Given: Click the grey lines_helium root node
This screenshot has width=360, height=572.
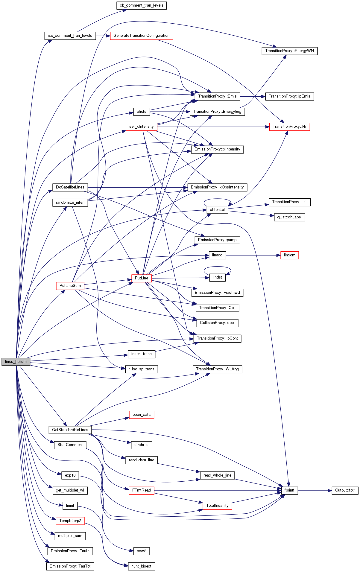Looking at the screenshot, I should (x=16, y=361).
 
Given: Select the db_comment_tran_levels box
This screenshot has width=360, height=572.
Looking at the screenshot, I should (x=141, y=5).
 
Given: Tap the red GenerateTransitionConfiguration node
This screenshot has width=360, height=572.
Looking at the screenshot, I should (x=141, y=36).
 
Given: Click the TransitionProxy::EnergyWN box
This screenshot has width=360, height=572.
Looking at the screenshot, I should (x=289, y=51).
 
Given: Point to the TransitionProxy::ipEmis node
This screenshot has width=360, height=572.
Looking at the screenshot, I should (x=289, y=96).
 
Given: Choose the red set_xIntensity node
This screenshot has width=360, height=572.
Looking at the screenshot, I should (x=141, y=127).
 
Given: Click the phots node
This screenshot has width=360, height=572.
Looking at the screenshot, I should (x=141, y=112).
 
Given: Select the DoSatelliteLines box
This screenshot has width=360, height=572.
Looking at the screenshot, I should (x=70, y=187).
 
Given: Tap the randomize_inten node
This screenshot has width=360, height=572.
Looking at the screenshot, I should (x=70, y=203).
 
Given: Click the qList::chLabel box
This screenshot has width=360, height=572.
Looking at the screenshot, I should (x=289, y=217).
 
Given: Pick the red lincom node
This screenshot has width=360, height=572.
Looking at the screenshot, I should (x=289, y=255).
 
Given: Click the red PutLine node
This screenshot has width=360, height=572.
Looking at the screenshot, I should (x=141, y=278).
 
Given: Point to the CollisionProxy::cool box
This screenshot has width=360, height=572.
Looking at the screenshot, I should (x=217, y=323).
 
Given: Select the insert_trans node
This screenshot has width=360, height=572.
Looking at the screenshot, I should (x=141, y=354).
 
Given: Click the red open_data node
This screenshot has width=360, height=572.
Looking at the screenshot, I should (x=141, y=415).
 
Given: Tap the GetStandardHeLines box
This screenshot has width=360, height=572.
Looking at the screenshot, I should (x=70, y=430).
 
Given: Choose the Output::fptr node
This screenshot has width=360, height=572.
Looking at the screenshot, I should (x=345, y=490).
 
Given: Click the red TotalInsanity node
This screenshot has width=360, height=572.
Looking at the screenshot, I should (x=217, y=506).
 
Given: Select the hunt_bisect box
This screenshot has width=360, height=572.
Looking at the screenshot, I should (x=141, y=566).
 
